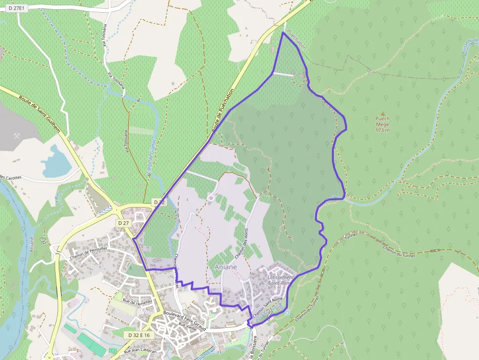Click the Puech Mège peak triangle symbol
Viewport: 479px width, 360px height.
pos(383,113)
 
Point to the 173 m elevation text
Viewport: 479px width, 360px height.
pos(383,130)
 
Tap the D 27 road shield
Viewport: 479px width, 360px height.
pos(124,223)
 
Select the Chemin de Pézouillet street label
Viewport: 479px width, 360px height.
pos(88,252)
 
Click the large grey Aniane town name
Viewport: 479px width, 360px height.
pos(225,267)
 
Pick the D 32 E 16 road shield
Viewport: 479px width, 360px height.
pos(139,335)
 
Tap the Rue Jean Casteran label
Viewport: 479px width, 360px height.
pos(141,350)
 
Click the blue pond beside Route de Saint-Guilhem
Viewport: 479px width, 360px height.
pos(55,162)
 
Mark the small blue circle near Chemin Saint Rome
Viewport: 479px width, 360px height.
pos(287,313)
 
